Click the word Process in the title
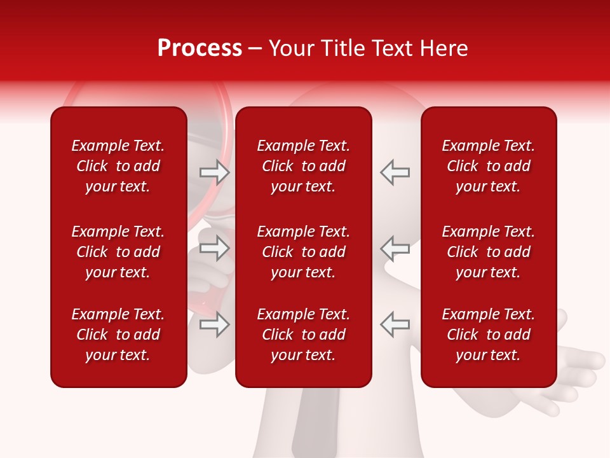tap(200, 48)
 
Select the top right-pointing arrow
tap(214, 172)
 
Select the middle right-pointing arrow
tap(214, 248)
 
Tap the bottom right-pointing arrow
tap(214, 324)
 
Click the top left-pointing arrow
tap(395, 172)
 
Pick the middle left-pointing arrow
tap(395, 248)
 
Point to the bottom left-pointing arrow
tap(395, 324)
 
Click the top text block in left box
tap(118, 166)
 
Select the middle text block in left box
tap(118, 252)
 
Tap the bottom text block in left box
tap(118, 335)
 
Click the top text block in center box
tap(304, 166)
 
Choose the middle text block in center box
tap(304, 252)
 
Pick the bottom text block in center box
tap(304, 335)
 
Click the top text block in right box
tap(489, 166)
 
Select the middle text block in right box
tap(489, 252)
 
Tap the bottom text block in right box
tap(489, 335)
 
